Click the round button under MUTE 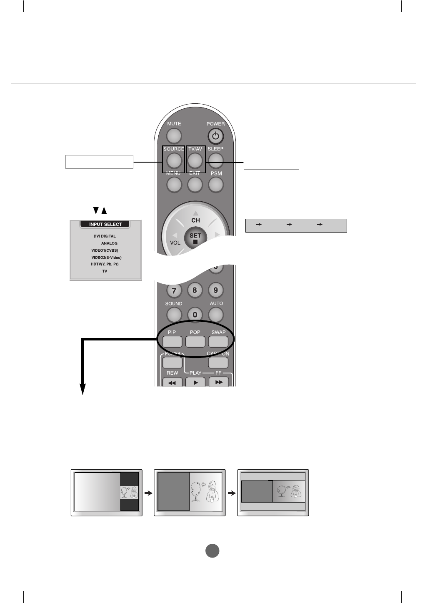(174, 135)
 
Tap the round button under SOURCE (174, 160)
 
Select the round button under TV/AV (195, 160)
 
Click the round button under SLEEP (215, 160)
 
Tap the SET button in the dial (195, 238)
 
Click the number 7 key (174, 290)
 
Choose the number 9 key (215, 290)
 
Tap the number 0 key (195, 315)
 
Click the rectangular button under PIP (172, 341)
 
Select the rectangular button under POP (195, 341)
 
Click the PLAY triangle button (195, 382)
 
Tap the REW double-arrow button (172, 382)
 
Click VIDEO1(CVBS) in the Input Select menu (105, 250)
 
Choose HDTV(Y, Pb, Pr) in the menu (105, 264)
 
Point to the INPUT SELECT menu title (105, 224)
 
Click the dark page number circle (212, 550)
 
